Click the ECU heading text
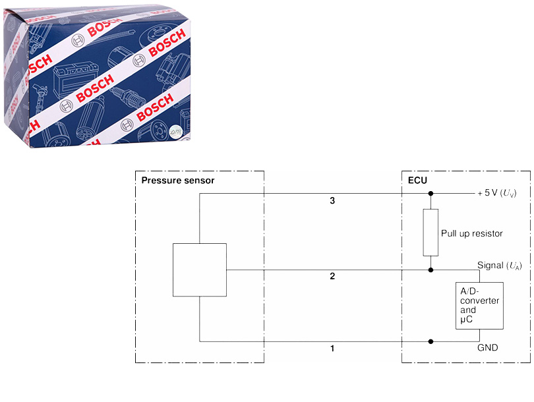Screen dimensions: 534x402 click(x=417, y=180)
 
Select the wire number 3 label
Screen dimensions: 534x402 click(x=333, y=200)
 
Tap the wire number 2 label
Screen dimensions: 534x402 click(x=333, y=276)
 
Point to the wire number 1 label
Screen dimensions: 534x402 click(x=333, y=348)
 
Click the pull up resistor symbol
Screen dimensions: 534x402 click(x=430, y=233)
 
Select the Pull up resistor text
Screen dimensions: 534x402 click(x=471, y=233)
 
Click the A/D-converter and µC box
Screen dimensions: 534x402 click(x=479, y=306)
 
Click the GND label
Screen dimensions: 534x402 click(x=489, y=348)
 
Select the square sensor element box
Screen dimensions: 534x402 click(x=199, y=270)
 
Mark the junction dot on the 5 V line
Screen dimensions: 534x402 click(x=430, y=194)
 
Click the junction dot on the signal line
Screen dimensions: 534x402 click(x=430, y=270)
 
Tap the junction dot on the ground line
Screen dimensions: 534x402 click(x=430, y=341)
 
